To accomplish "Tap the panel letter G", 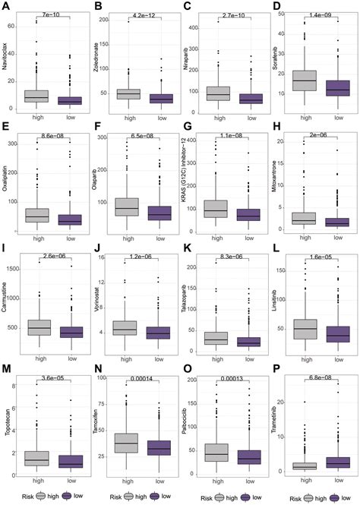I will pos(186,130).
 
